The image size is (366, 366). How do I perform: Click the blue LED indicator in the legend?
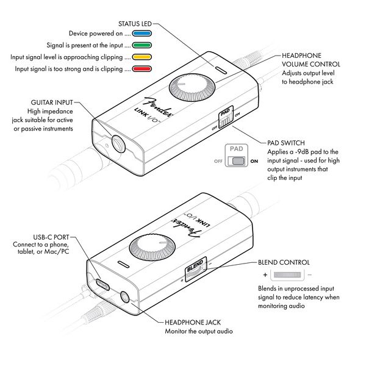tap(142, 34)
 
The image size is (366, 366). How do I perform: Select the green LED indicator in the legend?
tap(142, 45)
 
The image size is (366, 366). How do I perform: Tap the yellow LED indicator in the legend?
tap(142, 57)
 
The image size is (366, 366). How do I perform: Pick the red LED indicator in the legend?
tap(142, 69)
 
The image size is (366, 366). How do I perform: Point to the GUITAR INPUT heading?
tap(54, 102)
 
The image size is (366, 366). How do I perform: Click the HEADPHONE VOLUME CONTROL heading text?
tap(310, 60)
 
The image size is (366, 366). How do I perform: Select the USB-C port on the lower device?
tap(102, 284)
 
